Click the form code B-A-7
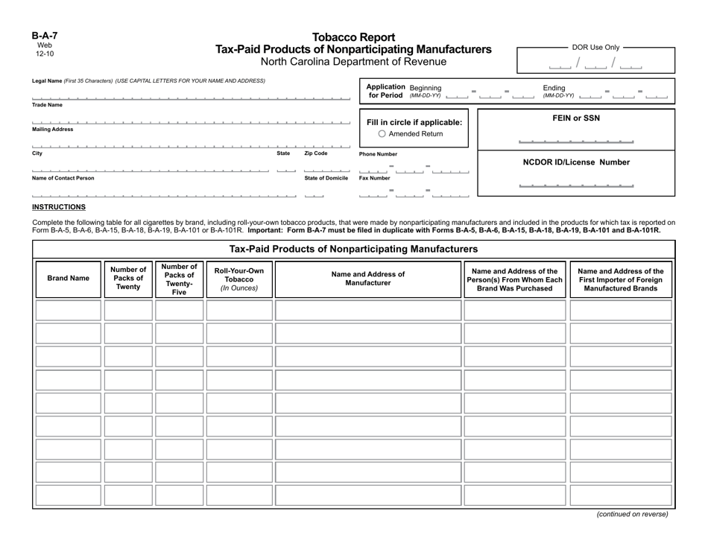pyautogui.click(x=44, y=35)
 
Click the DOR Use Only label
pyautogui.click(x=595, y=47)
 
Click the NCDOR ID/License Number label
pyautogui.click(x=576, y=162)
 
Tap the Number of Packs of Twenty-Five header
pyautogui.click(x=179, y=279)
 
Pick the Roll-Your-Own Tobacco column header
pyautogui.click(x=239, y=278)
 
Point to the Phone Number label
pyautogui.click(x=379, y=154)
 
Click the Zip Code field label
pyautogui.click(x=315, y=153)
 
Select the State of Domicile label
pyautogui.click(x=326, y=178)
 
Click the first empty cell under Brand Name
pyautogui.click(x=68, y=311)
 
